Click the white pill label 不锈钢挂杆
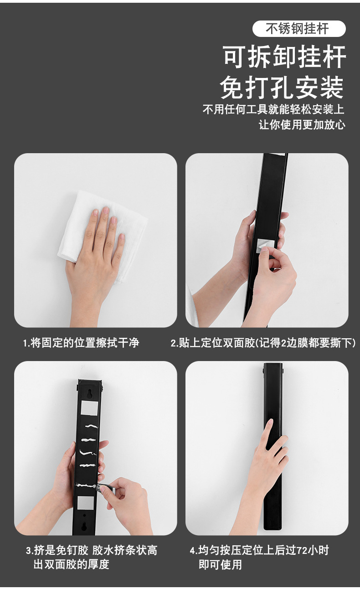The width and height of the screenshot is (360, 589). tap(299, 29)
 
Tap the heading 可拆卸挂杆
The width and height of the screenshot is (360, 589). tap(284, 57)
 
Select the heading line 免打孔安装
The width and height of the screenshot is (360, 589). tap(282, 88)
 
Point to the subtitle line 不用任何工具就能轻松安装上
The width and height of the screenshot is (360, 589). tap(273, 110)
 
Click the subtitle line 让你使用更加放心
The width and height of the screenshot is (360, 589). tap(302, 125)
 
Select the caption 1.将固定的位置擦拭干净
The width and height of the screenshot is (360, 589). tap(81, 343)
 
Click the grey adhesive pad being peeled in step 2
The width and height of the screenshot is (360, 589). tap(265, 247)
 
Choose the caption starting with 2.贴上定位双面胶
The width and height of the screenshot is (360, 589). tap(263, 343)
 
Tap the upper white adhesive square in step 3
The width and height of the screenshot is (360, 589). tap(88, 408)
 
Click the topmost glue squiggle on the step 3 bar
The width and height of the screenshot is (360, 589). tap(91, 426)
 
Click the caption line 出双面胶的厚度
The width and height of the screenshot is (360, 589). tap(72, 564)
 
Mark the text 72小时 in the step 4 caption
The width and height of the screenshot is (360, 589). tap(313, 550)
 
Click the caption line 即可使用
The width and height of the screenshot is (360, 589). tap(220, 564)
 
